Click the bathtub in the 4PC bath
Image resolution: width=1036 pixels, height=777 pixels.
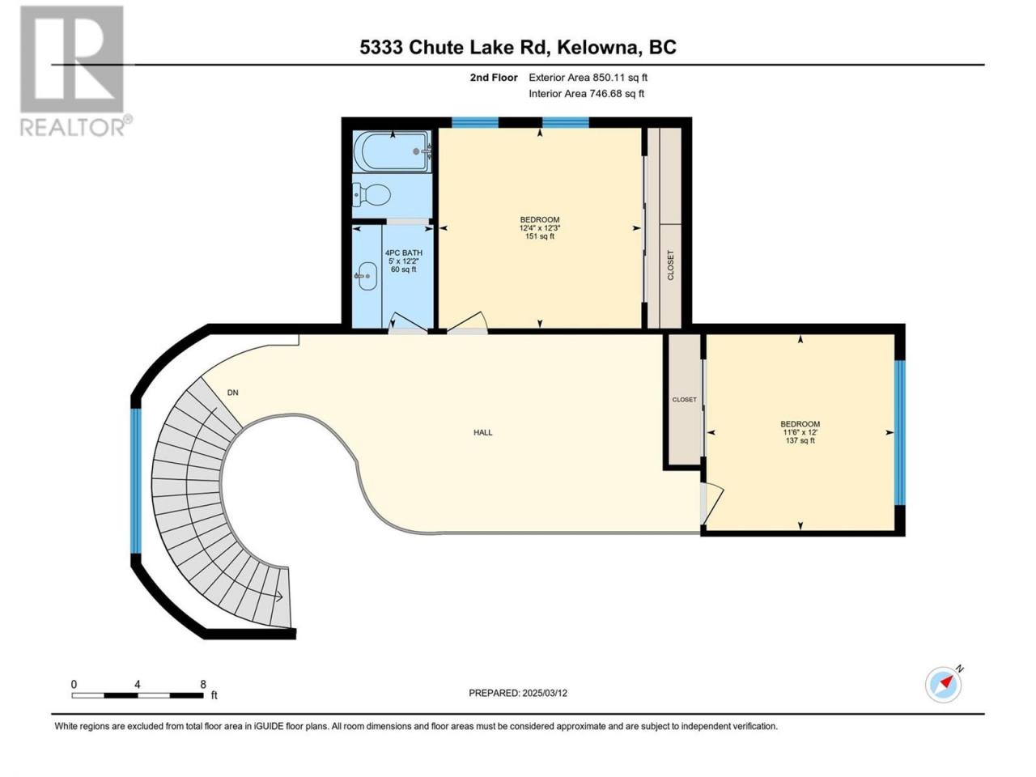point(392,151)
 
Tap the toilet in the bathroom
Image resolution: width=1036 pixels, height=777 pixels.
point(372,194)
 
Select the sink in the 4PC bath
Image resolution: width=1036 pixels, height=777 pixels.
point(366,276)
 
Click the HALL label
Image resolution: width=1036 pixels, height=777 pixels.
point(483,432)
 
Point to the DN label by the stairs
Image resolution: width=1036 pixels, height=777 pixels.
point(232,393)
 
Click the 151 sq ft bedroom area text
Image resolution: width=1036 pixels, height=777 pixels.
point(540,236)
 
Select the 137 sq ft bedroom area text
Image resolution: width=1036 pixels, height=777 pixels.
point(800,440)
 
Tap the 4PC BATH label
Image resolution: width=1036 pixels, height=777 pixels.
point(404,253)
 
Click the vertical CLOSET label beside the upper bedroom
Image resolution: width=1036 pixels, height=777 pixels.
point(670,265)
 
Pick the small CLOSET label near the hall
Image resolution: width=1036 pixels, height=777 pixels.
point(684,400)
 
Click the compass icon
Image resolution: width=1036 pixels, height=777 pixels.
point(944,685)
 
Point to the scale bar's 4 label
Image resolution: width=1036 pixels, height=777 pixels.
point(138,685)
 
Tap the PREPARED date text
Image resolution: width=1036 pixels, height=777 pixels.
point(518,693)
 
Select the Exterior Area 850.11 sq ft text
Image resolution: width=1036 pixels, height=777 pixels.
point(588,78)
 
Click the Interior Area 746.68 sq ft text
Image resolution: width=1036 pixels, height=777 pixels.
point(586,93)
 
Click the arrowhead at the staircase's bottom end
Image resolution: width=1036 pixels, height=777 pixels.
point(279,597)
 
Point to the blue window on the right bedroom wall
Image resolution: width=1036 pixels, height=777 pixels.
point(899,432)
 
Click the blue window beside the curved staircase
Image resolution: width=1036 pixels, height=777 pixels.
point(136,480)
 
